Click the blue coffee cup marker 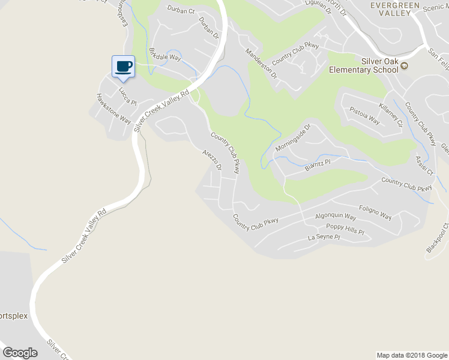coord(124,67)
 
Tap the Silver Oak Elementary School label coord(363,65)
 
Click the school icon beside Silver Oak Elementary coord(404,66)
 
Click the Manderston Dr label coord(262,64)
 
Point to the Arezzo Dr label coord(212,160)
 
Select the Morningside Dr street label coord(293,138)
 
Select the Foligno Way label coord(375,212)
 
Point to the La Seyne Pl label coord(324,238)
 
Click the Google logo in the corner coord(20,353)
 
